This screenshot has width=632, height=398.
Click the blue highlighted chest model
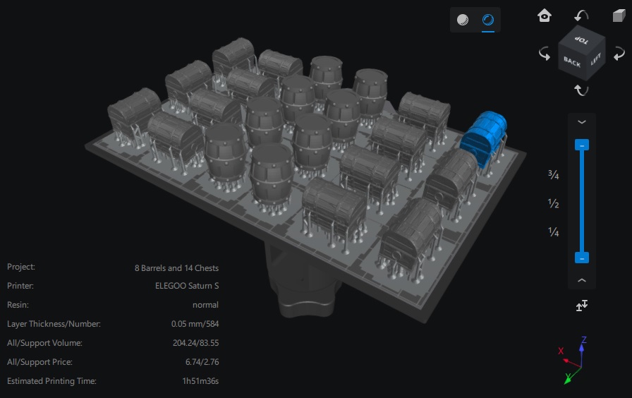click(484, 137)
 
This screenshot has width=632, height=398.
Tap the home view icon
click(544, 16)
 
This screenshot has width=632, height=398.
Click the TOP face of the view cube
click(581, 40)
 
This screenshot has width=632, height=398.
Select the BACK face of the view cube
click(572, 62)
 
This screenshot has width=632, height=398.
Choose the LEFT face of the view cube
click(596, 59)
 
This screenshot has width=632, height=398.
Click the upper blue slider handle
click(582, 145)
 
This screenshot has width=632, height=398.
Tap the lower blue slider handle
click(582, 258)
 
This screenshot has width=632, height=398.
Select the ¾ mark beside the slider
click(554, 174)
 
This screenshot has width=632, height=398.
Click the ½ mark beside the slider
click(554, 203)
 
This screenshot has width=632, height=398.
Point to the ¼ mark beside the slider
click(554, 232)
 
